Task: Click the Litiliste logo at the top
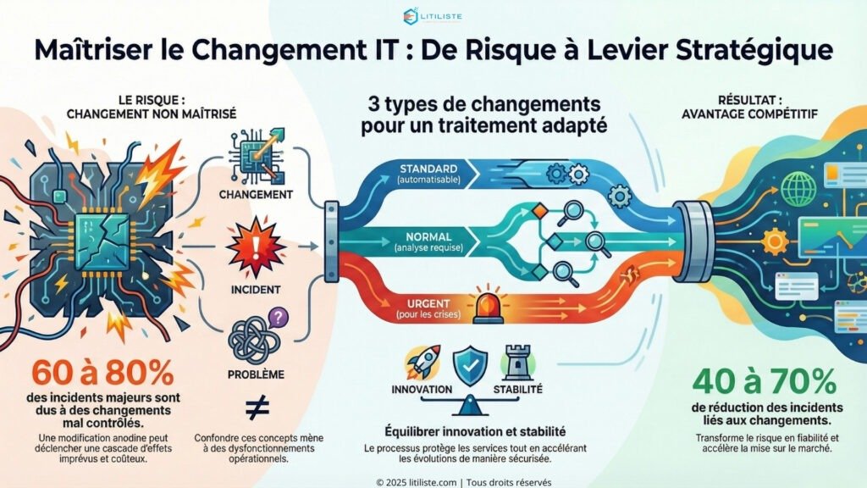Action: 433,14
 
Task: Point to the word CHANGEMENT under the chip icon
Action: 255,194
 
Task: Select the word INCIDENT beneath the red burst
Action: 255,290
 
